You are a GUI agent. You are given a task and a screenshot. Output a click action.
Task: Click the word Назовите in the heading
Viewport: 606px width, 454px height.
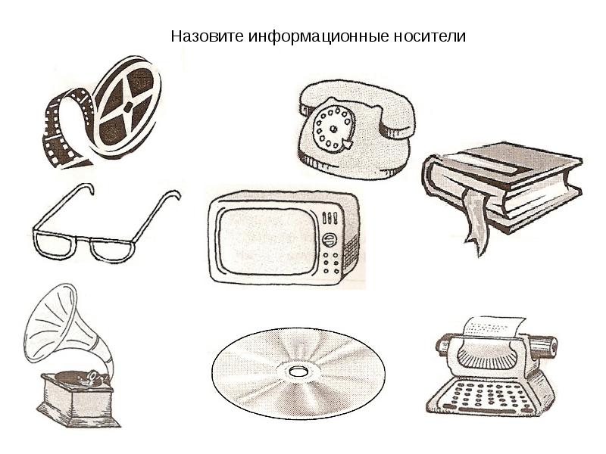click(207, 36)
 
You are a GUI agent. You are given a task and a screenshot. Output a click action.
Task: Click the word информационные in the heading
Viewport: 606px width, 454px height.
click(318, 37)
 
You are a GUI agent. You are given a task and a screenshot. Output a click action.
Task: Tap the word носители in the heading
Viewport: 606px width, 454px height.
click(430, 36)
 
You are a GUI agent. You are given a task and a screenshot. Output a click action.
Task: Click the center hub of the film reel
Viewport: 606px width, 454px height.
click(128, 106)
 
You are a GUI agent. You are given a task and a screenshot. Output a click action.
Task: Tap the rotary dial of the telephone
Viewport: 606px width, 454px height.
click(333, 128)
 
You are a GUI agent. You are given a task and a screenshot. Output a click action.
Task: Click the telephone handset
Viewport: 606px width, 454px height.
click(358, 104)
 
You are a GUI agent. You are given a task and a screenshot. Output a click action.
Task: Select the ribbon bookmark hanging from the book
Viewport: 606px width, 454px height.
click(476, 219)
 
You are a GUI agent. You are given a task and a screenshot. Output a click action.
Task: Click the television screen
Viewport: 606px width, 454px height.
click(267, 241)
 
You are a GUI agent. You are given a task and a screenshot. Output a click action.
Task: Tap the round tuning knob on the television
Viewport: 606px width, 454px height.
click(330, 240)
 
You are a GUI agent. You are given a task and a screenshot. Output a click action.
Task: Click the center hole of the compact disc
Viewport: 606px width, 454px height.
click(297, 372)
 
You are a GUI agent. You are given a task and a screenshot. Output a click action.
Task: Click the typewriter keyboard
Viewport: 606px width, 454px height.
click(489, 395)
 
